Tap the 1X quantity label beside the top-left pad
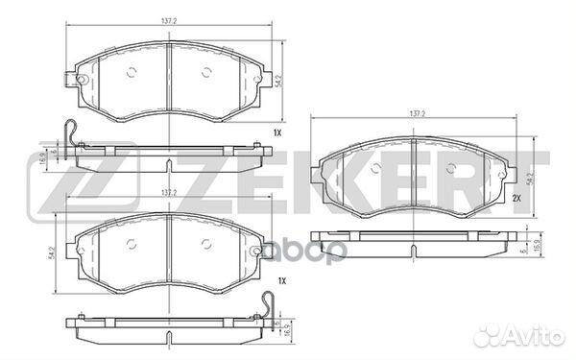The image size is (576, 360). pyautogui.click(x=277, y=132)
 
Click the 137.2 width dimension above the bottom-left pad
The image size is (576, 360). pyautogui.click(x=168, y=193)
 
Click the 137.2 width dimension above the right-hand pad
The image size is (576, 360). pyautogui.click(x=416, y=114)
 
